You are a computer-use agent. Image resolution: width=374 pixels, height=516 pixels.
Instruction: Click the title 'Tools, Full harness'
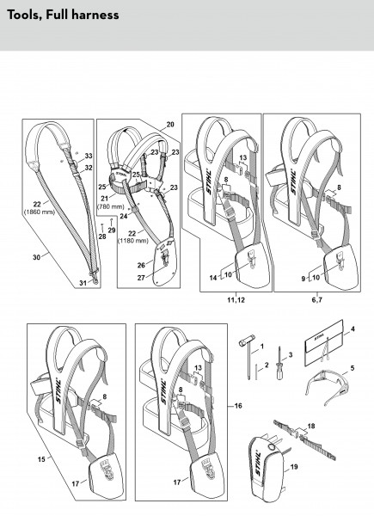(x=63, y=15)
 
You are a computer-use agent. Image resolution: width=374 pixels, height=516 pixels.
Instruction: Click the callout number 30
(x=36, y=257)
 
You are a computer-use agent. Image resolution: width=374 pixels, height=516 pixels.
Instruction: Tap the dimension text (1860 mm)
(x=40, y=212)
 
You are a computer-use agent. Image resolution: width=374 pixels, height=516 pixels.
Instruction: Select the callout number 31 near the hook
(x=83, y=283)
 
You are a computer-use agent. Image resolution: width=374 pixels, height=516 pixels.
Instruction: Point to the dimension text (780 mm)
(x=111, y=206)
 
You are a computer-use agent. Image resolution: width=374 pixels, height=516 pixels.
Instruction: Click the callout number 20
(x=170, y=125)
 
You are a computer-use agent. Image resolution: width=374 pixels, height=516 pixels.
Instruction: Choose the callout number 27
(x=141, y=278)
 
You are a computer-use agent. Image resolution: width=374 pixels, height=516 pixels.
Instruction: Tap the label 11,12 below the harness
(x=236, y=300)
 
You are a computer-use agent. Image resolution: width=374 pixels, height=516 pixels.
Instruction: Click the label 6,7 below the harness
(x=317, y=300)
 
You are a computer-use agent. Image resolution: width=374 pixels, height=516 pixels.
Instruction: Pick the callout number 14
(x=213, y=278)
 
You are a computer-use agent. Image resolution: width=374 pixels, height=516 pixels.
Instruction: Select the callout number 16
(x=238, y=406)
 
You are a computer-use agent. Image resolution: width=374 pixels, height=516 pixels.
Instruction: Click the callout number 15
(x=41, y=458)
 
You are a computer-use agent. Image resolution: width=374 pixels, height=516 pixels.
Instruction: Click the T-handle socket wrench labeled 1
(x=248, y=359)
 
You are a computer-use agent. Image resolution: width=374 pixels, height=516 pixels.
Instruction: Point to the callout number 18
(x=311, y=426)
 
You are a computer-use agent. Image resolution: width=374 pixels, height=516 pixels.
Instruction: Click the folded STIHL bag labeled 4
(x=324, y=342)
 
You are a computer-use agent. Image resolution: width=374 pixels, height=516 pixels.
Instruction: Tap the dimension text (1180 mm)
(x=133, y=241)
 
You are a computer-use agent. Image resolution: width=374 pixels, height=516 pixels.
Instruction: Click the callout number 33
(x=89, y=156)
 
